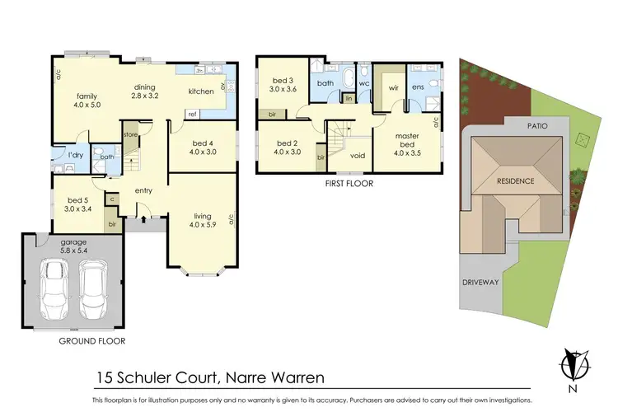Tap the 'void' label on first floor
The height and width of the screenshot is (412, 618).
coord(358,155)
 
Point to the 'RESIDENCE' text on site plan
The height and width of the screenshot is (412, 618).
coord(515,181)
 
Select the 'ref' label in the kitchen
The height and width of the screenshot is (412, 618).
coord(191,114)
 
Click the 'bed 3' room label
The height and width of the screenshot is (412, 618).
coord(282,85)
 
